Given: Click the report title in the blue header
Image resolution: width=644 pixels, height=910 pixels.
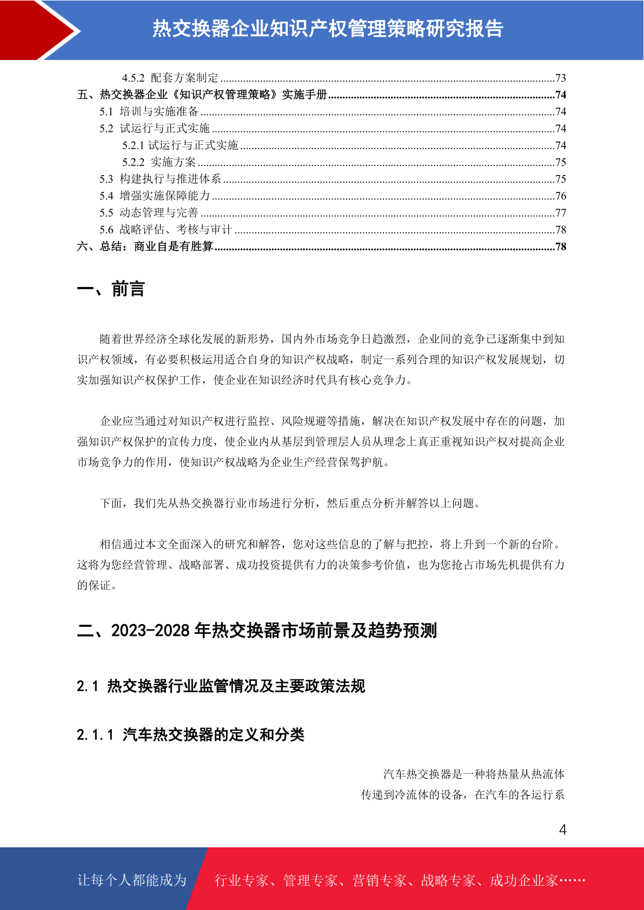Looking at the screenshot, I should (x=328, y=29).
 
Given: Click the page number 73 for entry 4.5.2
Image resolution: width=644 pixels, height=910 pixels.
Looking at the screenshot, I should (x=560, y=78).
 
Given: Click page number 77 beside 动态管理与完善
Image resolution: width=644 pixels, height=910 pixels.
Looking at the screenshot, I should (x=560, y=213).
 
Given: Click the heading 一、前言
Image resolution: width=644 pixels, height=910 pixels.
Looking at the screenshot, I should (x=111, y=289).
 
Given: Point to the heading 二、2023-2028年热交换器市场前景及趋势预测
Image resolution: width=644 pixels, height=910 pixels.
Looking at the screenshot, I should (x=257, y=630).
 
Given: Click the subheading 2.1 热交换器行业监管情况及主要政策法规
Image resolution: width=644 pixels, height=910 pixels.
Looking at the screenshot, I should (x=221, y=686).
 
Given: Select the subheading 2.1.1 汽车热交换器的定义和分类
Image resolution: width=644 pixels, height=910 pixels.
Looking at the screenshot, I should (x=190, y=735).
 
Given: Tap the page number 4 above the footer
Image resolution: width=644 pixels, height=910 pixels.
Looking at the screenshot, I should (x=562, y=829).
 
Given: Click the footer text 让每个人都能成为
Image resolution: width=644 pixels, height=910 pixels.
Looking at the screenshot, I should (x=132, y=880).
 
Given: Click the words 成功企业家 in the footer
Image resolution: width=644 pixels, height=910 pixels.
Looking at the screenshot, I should (x=523, y=880).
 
